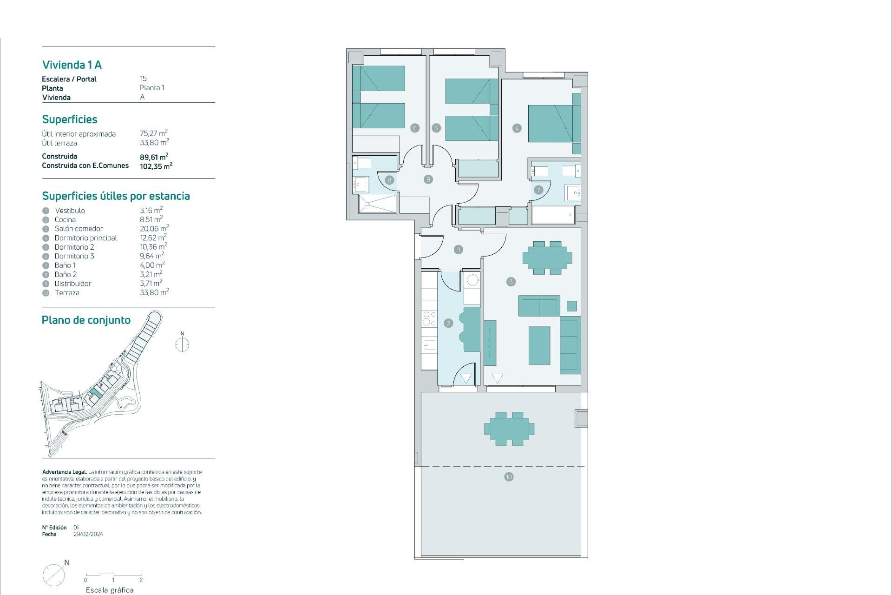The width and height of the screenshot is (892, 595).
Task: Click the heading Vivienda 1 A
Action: (x=72, y=65)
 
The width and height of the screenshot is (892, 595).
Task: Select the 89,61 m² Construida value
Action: (x=154, y=157)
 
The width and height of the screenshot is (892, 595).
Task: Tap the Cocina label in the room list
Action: (x=65, y=220)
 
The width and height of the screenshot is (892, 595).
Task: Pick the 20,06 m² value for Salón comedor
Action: (x=154, y=229)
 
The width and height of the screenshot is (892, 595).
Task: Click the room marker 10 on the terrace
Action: (x=509, y=477)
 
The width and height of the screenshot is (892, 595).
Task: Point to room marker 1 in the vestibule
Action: (x=459, y=250)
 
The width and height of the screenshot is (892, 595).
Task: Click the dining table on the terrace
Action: (x=509, y=429)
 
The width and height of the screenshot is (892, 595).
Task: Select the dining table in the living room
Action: (x=547, y=258)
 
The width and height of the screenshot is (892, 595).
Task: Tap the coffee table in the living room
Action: (x=539, y=345)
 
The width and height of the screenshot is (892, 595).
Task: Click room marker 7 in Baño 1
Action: (x=538, y=190)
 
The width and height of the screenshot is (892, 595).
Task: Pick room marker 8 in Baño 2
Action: (x=389, y=180)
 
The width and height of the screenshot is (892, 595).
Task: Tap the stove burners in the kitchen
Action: (x=429, y=318)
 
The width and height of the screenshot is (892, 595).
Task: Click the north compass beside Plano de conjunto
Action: (x=182, y=344)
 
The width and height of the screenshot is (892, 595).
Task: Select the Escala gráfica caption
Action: (x=110, y=590)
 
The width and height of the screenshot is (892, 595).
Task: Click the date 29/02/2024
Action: (x=88, y=534)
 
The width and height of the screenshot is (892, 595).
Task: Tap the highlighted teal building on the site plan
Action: (x=96, y=393)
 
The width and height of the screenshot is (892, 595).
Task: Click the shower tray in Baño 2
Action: (x=378, y=204)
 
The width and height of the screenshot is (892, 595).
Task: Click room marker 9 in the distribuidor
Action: (x=428, y=179)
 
